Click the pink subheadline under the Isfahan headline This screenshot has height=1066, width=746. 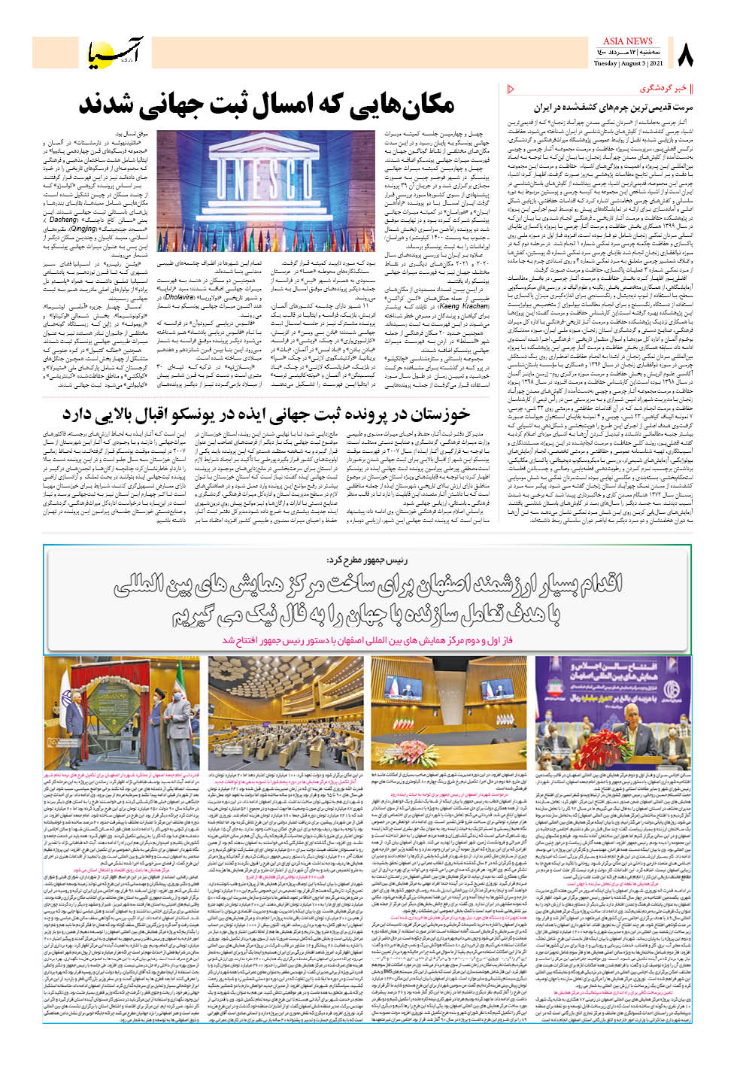(x=367, y=639)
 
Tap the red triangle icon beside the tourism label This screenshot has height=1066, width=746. (x=512, y=89)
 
